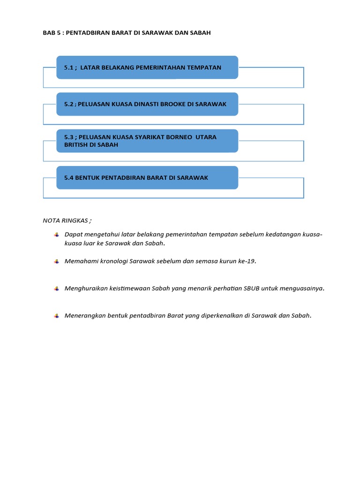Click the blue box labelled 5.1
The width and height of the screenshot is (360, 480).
(147, 67)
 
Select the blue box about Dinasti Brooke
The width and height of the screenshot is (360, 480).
(147, 104)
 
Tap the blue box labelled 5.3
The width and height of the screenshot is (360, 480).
(147, 141)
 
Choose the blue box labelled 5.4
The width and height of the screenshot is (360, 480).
(147, 178)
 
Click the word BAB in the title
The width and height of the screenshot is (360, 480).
(49, 33)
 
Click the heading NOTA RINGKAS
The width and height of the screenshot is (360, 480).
(67, 220)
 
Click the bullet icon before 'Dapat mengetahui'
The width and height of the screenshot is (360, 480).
(56, 234)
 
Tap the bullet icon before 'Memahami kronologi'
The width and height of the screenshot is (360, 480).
(56, 262)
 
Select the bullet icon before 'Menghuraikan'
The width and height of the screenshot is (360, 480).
(56, 289)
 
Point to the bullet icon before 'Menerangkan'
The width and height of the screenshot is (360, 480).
(56, 316)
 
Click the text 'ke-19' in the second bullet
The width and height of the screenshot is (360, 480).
(248, 262)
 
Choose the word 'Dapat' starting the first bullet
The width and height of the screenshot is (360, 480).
(73, 234)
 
